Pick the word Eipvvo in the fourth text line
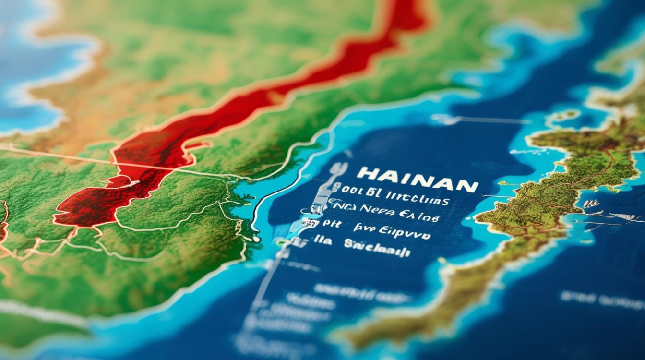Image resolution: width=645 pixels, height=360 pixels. point(405,234)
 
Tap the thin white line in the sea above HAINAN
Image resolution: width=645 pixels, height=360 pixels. point(480,120)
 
